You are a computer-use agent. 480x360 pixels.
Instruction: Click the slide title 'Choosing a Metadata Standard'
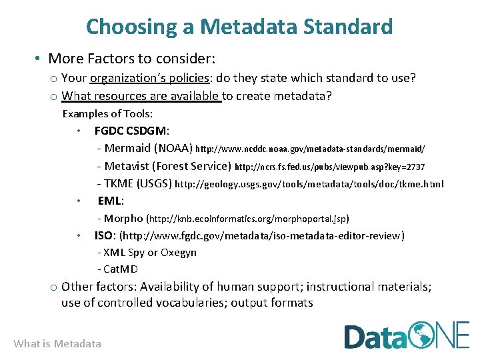(239, 27)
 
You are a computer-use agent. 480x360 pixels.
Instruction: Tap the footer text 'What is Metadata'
(57, 343)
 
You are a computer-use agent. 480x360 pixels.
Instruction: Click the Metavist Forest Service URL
(330, 167)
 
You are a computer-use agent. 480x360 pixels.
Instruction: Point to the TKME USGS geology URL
(309, 184)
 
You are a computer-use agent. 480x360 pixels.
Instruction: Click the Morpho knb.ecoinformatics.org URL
(247, 218)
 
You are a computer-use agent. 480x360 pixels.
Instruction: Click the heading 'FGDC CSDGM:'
(131, 131)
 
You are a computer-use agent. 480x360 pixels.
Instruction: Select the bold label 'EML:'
(111, 201)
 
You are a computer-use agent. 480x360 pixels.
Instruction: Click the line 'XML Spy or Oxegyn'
(147, 253)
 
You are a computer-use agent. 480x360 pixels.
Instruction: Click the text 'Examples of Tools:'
(107, 113)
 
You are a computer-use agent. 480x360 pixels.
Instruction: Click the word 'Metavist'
(127, 166)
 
